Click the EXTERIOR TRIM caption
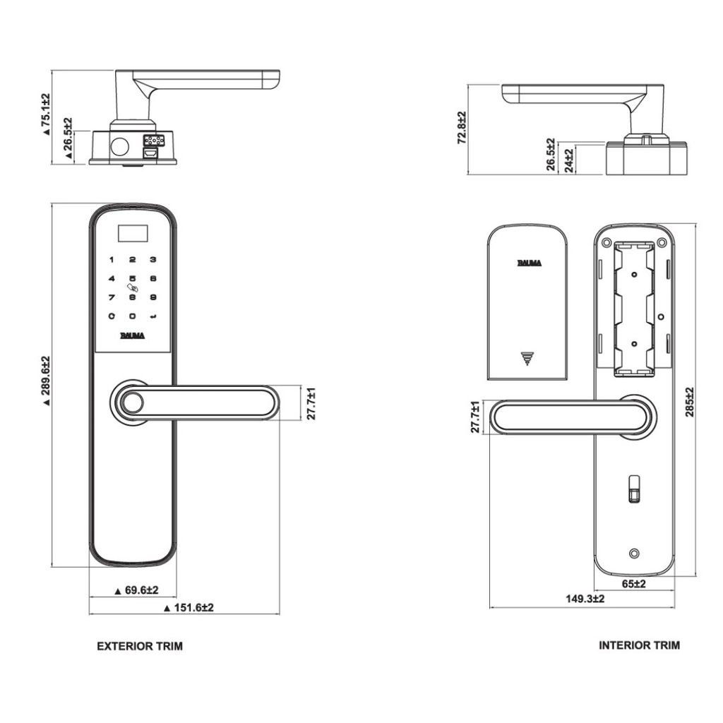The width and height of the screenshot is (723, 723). pos(139,645)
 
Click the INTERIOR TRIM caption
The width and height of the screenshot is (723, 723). pos(639,645)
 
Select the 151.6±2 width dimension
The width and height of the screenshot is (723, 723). pos(189,607)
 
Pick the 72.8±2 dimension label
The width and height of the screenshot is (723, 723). pos(462,128)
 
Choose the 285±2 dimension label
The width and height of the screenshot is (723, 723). pos(690,402)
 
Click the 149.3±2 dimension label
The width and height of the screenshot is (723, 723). pos(585,599)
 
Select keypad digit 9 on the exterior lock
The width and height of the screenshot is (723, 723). pos(153,298)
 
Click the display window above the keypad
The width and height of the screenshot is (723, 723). pos(132,230)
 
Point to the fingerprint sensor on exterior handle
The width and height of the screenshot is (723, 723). pos(131,404)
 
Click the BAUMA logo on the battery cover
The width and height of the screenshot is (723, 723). pos(529,263)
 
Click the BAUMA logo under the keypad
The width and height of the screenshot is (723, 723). pos(132,335)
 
